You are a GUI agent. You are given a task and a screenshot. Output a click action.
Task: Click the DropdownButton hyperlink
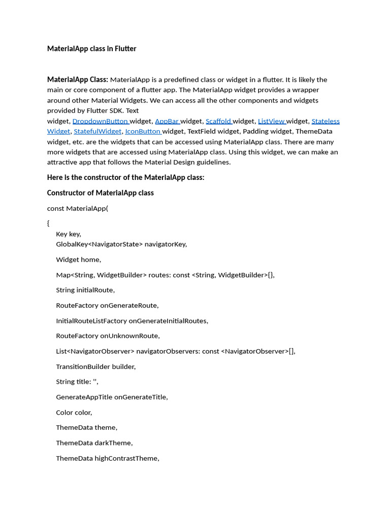point(100,121)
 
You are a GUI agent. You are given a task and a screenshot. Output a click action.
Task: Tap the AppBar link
point(167,121)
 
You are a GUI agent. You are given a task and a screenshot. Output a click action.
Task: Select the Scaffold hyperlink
point(218,121)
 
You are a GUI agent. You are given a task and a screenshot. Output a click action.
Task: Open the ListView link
point(271,121)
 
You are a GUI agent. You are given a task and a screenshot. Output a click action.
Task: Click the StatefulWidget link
point(97,131)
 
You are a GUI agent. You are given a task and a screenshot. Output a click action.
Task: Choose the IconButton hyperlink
point(143,131)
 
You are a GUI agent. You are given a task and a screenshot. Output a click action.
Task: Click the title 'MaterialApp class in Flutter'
point(92,49)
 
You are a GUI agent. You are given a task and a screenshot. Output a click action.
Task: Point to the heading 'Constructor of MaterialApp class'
point(101,193)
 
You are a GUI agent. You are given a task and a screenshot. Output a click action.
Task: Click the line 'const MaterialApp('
point(78,208)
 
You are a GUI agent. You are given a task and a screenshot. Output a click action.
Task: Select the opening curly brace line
point(48,223)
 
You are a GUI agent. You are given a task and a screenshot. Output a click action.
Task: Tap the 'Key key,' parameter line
point(69,234)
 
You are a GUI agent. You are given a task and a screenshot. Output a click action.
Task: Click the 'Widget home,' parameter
point(79,259)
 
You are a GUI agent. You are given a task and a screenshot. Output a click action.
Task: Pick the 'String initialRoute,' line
point(85,290)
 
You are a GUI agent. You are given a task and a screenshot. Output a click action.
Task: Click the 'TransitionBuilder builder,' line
point(96,366)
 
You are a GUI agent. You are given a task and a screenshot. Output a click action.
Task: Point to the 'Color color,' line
point(74,412)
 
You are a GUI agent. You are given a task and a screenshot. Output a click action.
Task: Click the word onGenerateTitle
point(141,397)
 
